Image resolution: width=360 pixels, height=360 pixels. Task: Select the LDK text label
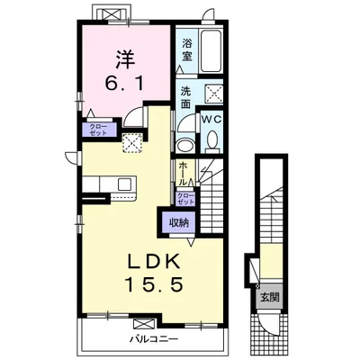pos(154,261)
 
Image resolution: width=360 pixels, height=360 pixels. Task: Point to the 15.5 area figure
pos(154,283)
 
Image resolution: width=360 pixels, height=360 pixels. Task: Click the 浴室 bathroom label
pos(186,50)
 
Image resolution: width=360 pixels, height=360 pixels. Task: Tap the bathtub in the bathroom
pos(211,50)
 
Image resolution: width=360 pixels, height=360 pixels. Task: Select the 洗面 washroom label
pos(185,97)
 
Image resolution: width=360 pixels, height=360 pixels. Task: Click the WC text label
pos(211,119)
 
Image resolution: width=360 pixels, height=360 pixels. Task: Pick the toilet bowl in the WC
pos(213,139)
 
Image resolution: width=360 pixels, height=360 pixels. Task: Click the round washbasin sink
pos(185,146)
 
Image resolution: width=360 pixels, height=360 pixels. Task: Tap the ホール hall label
pos(183,174)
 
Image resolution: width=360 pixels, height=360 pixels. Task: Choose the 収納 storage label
pos(179,222)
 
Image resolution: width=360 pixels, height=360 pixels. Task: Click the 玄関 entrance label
pos(270,297)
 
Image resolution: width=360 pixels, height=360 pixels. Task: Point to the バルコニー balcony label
pos(154,339)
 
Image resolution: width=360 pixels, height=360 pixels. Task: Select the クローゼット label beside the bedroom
pos(99,130)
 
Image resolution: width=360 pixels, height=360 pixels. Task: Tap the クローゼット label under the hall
pos(185,199)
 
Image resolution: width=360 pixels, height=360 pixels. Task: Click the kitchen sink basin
pos(124,184)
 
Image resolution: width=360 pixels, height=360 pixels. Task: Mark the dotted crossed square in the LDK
pos(132,143)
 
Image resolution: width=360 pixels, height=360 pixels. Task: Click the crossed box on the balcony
pos(145,324)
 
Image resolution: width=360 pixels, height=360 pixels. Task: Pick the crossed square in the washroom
pos(214,94)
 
